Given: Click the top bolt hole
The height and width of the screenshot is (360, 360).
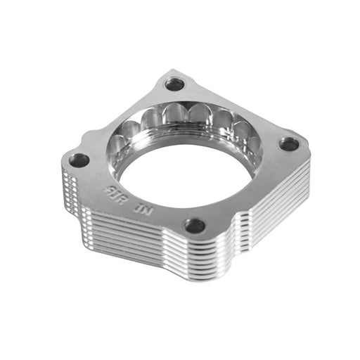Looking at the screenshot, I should click(x=174, y=84).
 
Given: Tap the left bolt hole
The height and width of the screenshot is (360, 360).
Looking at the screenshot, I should click(x=79, y=160).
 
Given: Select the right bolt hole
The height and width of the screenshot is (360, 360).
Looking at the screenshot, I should click(x=288, y=144).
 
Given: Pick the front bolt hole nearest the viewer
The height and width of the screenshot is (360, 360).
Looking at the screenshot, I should click(x=195, y=226).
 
